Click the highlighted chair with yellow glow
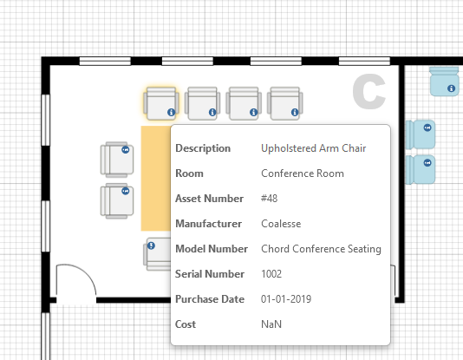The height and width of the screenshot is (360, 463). [x=161, y=103]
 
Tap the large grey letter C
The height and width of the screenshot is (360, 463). [x=368, y=93]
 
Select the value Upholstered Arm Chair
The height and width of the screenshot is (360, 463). [x=313, y=148]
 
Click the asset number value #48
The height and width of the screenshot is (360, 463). [x=269, y=199]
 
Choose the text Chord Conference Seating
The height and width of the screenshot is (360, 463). [x=321, y=249]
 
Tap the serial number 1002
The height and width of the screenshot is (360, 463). [x=272, y=274]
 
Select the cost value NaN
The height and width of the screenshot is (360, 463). [x=271, y=324]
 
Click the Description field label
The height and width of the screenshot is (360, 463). [x=203, y=148]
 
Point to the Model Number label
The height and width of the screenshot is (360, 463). [x=212, y=249]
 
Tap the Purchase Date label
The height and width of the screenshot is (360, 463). [x=209, y=299]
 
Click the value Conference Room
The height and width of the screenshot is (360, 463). [x=302, y=173]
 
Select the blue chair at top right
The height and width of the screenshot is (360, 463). [x=444, y=82]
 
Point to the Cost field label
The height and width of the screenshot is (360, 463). [x=186, y=324]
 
